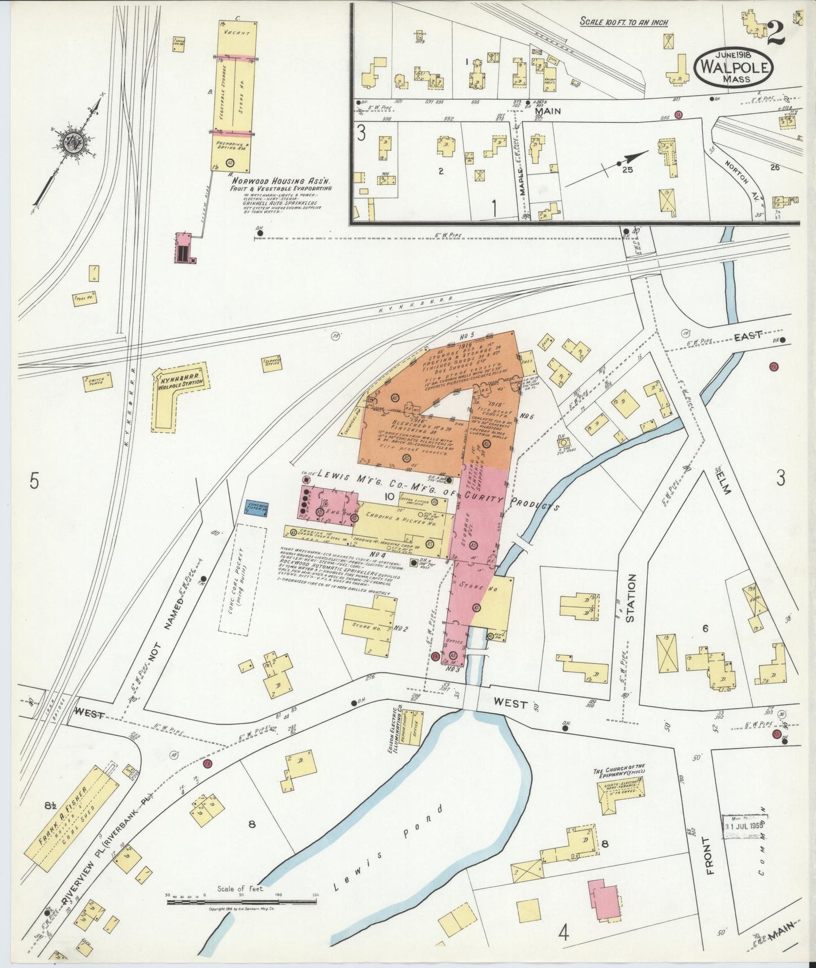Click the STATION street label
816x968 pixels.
tap(631, 598)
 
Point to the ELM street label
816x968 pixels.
tap(724, 481)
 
